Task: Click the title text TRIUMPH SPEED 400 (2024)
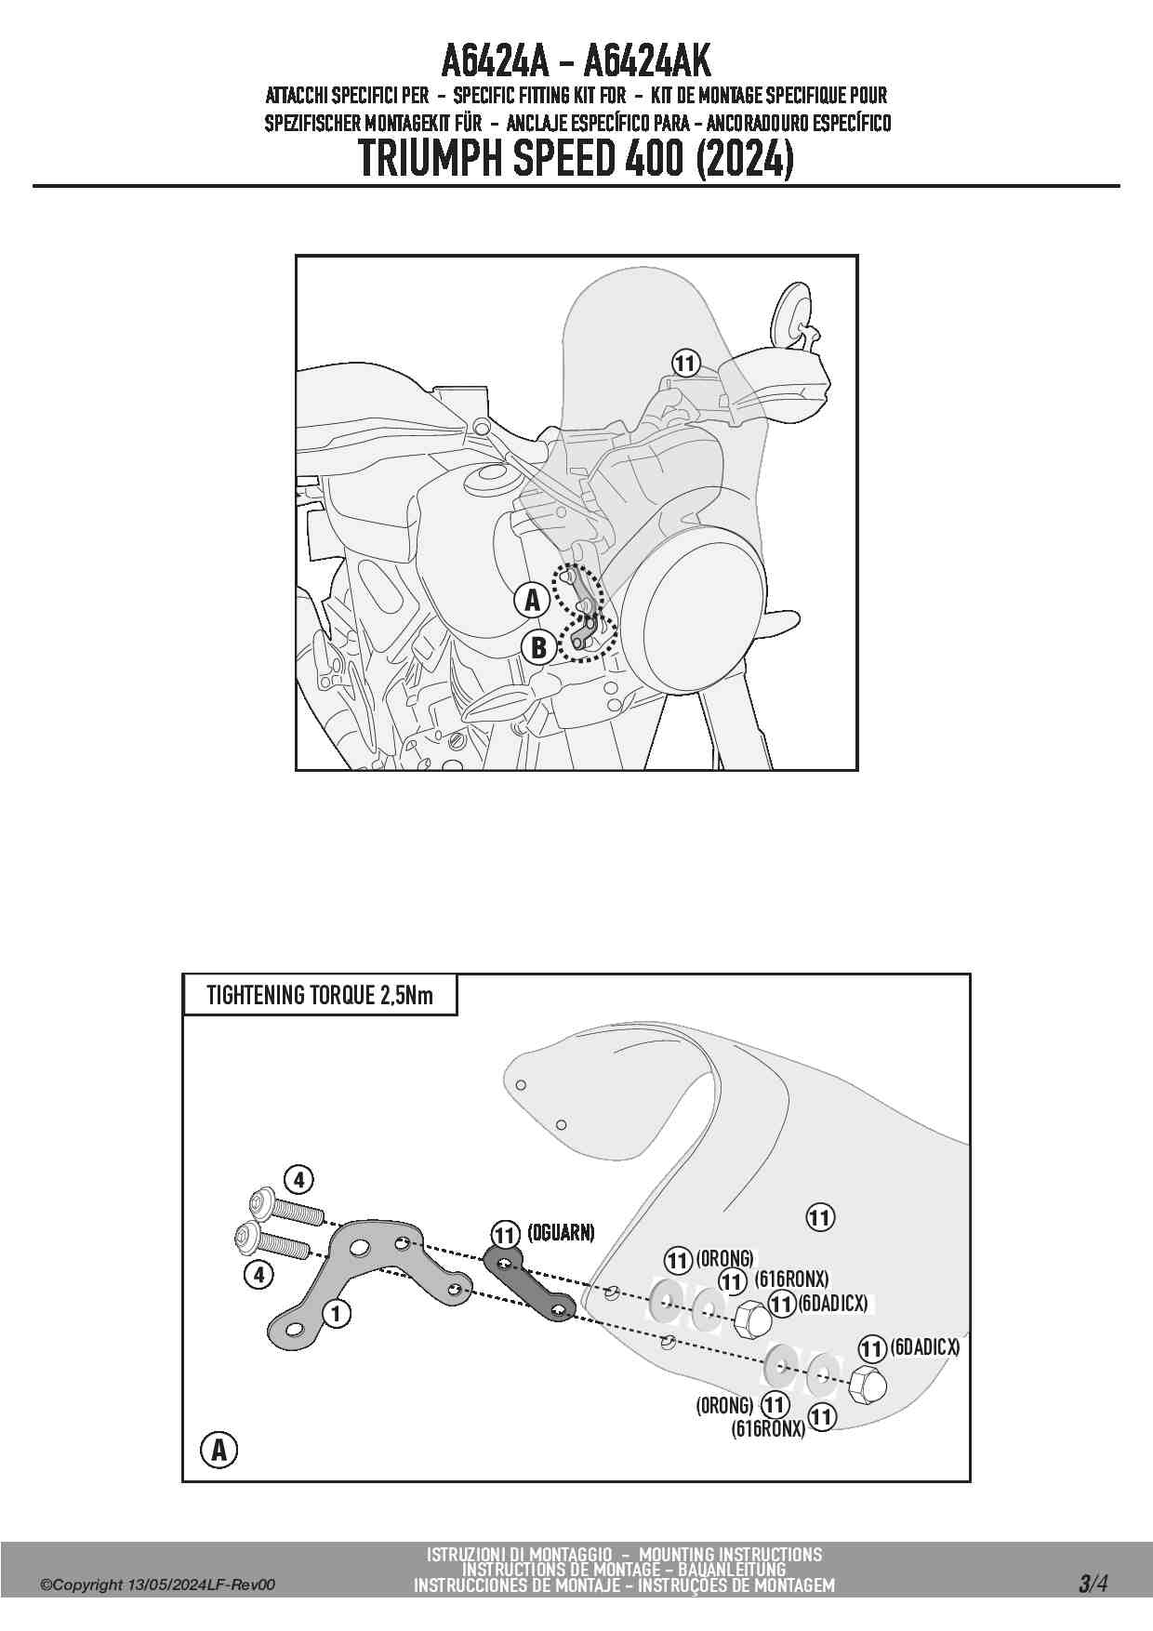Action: point(576,159)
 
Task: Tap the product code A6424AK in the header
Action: point(647,61)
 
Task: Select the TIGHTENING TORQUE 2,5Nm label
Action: point(319,996)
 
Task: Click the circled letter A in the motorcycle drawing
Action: point(532,600)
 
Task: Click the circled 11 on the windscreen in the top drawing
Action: point(685,364)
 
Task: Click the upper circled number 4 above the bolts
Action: point(298,1180)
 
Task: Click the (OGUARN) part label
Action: point(561,1233)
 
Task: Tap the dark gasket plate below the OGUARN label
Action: point(531,1286)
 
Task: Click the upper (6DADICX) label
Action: point(832,1304)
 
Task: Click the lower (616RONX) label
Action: point(768,1429)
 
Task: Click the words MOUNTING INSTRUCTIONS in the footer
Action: point(730,1555)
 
